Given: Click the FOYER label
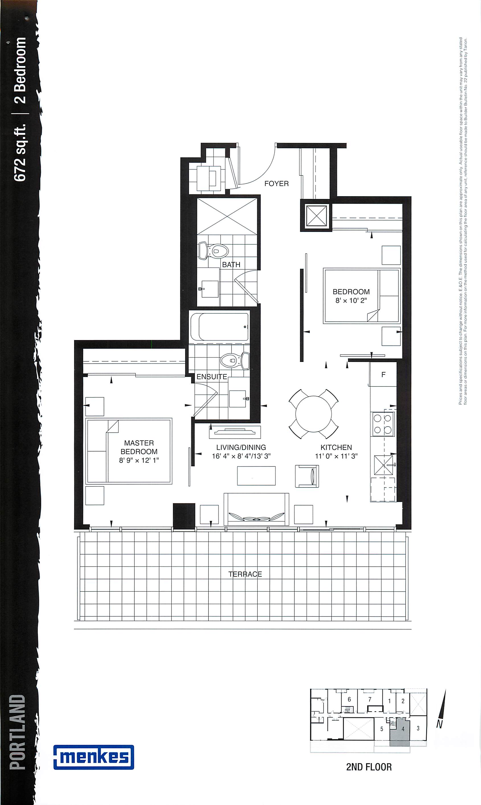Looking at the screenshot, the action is (277, 184).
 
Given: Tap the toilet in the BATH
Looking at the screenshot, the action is (214, 251).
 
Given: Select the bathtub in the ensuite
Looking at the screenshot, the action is (220, 326).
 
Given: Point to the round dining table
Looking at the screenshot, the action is (314, 414).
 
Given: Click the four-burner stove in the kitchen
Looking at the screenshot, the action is (383, 424).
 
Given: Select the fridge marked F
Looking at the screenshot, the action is (383, 374).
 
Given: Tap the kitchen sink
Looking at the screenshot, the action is (383, 465).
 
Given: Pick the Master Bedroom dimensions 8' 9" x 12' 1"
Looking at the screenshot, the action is (139, 460).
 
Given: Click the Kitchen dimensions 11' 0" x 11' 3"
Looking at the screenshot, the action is (336, 456).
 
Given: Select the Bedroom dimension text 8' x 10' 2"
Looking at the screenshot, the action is (351, 300).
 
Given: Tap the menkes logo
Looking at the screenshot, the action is (94, 757).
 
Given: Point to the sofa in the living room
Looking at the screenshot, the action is (256, 509).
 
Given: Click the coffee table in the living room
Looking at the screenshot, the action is (256, 476).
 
